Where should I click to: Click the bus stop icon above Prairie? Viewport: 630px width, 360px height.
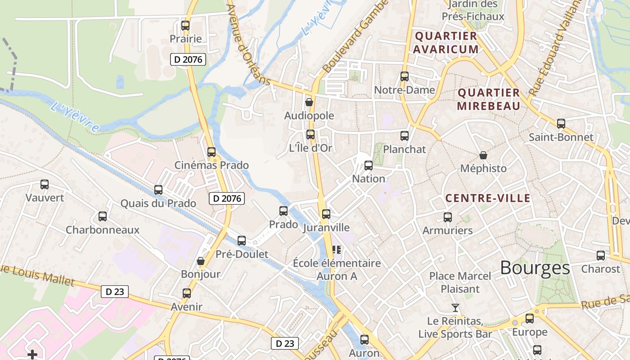pyautogui.click(x=185, y=26)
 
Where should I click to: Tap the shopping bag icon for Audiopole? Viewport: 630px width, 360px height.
pyautogui.click(x=309, y=102)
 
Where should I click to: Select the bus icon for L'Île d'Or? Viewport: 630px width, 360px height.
pyautogui.click(x=310, y=135)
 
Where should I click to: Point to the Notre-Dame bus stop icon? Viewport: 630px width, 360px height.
pyautogui.click(x=405, y=76)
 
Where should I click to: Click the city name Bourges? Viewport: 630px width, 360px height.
pyautogui.click(x=535, y=268)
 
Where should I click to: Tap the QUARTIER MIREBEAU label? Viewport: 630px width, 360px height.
pyautogui.click(x=488, y=99)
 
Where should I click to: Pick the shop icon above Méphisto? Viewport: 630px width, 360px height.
pyautogui.click(x=483, y=155)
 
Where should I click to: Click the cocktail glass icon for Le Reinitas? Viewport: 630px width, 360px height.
pyautogui.click(x=455, y=308)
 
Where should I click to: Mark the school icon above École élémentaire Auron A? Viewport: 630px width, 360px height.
pyautogui.click(x=337, y=249)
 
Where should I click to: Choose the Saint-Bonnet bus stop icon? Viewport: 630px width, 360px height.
pyautogui.click(x=561, y=124)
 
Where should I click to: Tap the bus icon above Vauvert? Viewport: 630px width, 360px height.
pyautogui.click(x=45, y=184)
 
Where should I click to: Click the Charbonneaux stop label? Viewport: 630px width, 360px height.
pyautogui.click(x=103, y=230)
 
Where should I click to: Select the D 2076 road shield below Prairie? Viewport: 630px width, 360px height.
pyautogui.click(x=188, y=59)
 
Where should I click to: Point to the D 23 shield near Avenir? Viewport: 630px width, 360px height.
pyautogui.click(x=114, y=292)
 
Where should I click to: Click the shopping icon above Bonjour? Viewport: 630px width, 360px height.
pyautogui.click(x=201, y=261)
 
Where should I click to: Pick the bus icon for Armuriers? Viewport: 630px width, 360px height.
pyautogui.click(x=447, y=217)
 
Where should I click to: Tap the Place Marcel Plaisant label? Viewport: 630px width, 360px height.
pyautogui.click(x=460, y=282)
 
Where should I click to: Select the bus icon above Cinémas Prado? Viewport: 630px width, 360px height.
pyautogui.click(x=211, y=152)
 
